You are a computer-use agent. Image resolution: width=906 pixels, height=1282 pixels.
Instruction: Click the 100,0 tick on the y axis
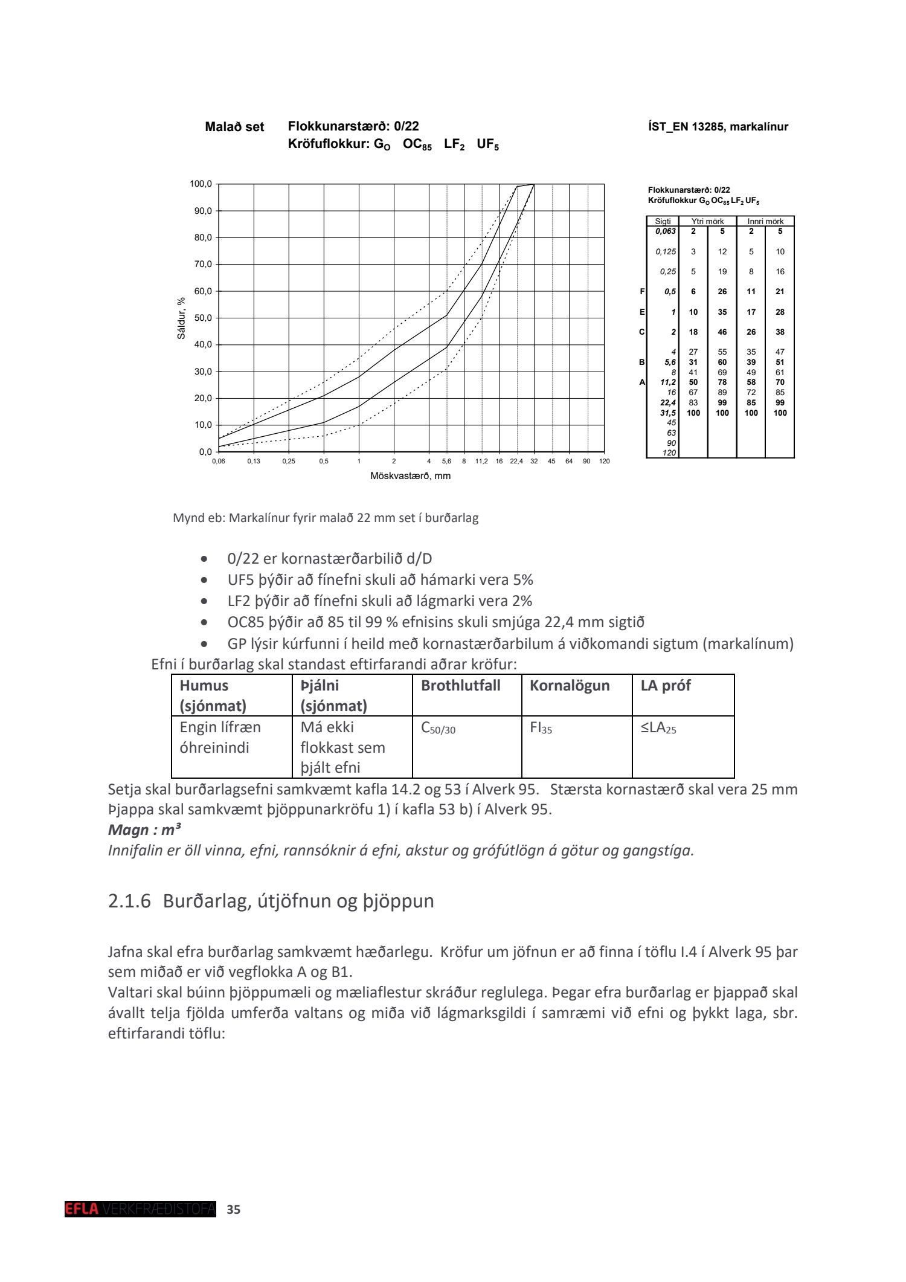[201, 184]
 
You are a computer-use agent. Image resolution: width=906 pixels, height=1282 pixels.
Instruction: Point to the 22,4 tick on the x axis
[516, 461]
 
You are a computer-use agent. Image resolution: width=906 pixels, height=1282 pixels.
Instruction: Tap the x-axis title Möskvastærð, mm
[410, 476]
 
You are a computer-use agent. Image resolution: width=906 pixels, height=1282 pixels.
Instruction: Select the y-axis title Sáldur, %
[181, 318]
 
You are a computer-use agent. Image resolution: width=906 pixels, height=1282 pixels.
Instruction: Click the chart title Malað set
[234, 127]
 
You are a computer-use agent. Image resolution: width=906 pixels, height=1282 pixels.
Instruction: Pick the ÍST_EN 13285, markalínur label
[718, 127]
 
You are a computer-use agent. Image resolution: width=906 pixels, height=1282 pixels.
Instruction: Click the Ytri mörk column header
[707, 222]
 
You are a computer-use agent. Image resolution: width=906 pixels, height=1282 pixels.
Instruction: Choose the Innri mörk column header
[765, 222]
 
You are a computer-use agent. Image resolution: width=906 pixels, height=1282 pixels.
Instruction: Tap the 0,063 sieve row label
[666, 231]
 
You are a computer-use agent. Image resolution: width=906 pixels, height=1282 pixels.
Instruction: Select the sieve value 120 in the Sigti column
[669, 453]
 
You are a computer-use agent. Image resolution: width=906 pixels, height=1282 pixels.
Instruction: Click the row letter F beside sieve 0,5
[642, 292]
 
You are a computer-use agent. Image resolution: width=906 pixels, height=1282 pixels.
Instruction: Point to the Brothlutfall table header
[460, 686]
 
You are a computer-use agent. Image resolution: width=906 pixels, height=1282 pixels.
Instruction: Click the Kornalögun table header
[570, 686]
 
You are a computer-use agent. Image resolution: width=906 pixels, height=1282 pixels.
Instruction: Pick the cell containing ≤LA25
[658, 729]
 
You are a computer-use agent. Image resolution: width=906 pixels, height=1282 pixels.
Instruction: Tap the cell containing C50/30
[438, 729]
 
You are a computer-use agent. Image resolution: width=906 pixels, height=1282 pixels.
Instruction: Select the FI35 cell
[541, 729]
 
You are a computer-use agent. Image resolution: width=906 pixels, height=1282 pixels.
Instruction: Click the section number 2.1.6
[129, 901]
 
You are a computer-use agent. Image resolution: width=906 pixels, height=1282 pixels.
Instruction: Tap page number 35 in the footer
[233, 1209]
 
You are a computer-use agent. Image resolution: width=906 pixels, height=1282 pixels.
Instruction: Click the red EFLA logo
[82, 1209]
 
